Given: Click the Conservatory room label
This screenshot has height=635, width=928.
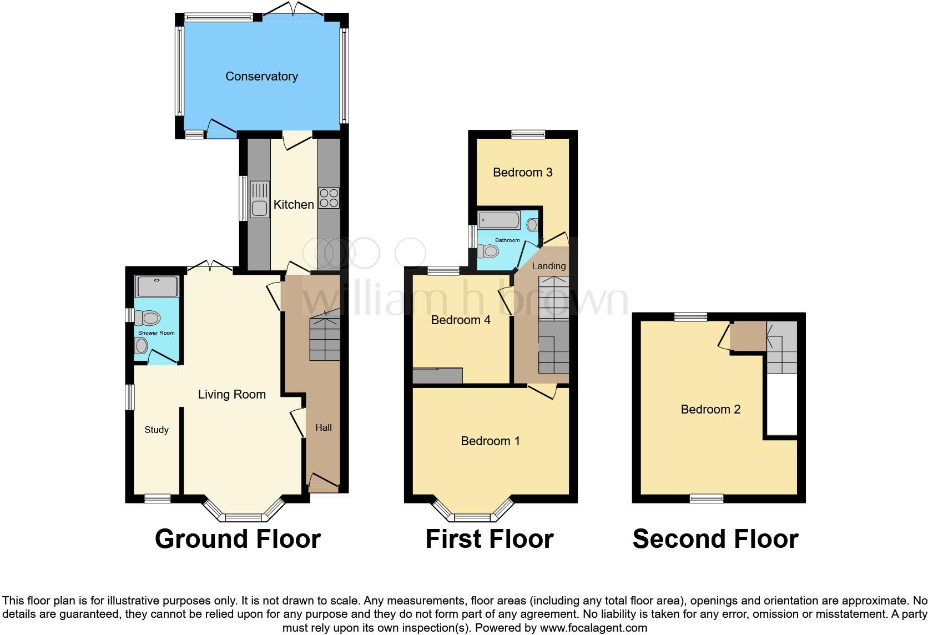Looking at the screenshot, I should (x=261, y=77).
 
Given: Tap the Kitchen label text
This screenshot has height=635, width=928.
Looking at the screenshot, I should (x=294, y=205).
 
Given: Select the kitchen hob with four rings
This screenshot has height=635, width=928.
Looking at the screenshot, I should (x=329, y=198).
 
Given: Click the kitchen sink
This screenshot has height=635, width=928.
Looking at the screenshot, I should (x=259, y=200).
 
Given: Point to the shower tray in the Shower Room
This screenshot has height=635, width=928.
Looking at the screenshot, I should (x=158, y=286).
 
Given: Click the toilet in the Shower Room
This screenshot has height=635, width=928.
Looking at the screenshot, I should (x=148, y=318).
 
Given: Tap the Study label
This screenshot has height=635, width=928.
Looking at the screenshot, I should (x=157, y=430).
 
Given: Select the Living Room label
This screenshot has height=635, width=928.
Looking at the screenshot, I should (x=232, y=395).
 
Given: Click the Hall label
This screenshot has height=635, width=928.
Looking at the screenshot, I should (x=324, y=427).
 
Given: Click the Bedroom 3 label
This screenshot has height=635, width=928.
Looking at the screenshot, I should (x=523, y=173).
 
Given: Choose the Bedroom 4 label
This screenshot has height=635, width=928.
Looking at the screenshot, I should (x=461, y=320).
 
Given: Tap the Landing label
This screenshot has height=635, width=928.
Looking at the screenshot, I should (x=549, y=266).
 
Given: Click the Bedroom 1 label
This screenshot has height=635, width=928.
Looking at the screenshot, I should (x=490, y=441).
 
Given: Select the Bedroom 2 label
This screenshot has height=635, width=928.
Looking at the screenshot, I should (x=710, y=410).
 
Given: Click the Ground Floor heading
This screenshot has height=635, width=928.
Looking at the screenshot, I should (x=238, y=539).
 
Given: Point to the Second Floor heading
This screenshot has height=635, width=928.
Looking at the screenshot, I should (x=715, y=539).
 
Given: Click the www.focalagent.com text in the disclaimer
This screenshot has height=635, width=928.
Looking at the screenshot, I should (x=593, y=628).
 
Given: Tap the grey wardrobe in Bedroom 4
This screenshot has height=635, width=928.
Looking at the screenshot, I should (x=438, y=376).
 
